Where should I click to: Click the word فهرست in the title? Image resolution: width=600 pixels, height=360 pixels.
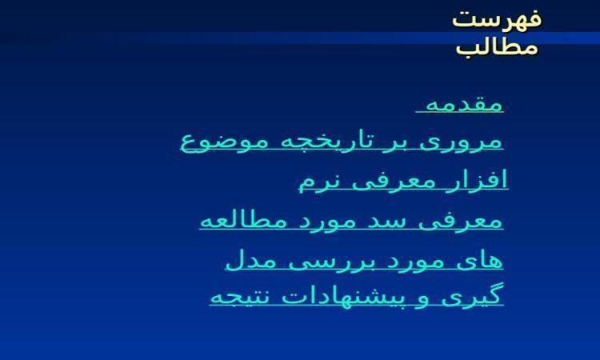497,18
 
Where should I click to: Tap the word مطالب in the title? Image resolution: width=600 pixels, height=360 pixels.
497,47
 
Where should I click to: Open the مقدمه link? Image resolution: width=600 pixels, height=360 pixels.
464,104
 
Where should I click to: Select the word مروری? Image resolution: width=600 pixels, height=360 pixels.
461,142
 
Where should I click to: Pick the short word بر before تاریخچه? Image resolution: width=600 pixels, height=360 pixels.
397,142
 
